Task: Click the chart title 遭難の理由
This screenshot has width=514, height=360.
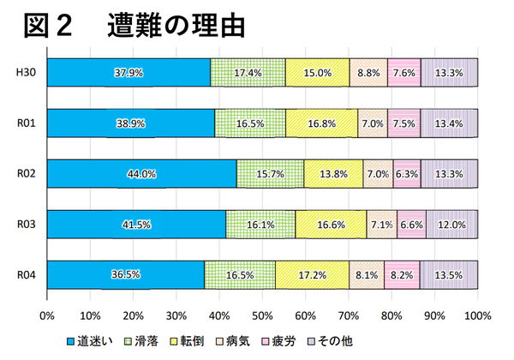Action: (176, 25)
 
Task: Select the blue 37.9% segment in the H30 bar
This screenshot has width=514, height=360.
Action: (128, 73)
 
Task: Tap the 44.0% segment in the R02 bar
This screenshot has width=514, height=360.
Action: (141, 174)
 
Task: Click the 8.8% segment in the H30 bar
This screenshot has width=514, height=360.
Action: (368, 73)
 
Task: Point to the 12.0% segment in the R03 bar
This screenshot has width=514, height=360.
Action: (451, 225)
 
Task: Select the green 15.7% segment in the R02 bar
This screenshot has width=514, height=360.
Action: (270, 174)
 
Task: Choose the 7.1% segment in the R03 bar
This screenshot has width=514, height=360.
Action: (381, 225)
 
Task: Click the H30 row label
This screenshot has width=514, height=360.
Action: (26, 73)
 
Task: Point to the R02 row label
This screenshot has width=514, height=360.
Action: (26, 174)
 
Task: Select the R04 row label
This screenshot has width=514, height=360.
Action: (26, 275)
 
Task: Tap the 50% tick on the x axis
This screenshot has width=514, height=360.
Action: (262, 314)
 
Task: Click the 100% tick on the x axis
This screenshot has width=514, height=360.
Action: (477, 314)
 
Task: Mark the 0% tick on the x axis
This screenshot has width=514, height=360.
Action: (47, 314)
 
